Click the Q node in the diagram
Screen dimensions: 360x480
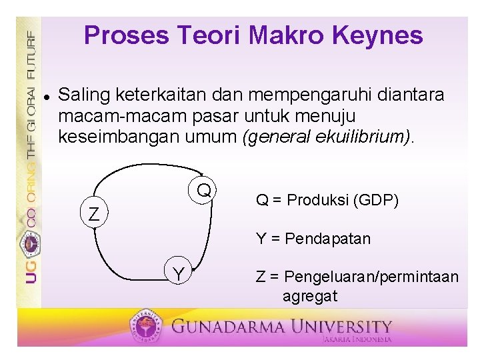(204, 191)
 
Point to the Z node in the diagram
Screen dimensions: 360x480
(95, 215)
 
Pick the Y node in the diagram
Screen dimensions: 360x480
(178, 274)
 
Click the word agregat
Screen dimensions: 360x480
(310, 295)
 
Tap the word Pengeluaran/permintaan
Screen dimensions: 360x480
(373, 276)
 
